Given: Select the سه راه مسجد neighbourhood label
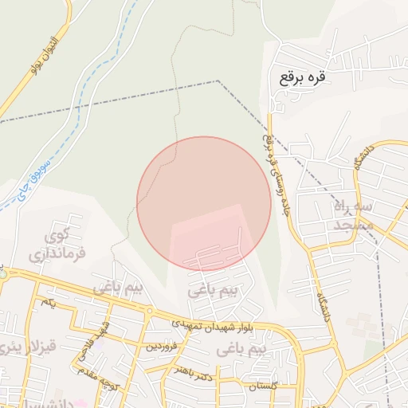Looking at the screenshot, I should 343,215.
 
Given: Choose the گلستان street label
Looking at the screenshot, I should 262,386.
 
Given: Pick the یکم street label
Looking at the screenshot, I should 48,304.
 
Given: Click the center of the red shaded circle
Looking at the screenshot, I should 204,203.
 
